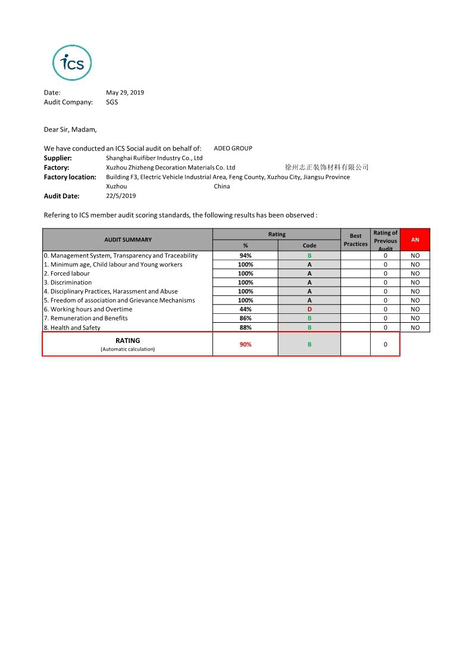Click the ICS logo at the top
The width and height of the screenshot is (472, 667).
click(72, 63)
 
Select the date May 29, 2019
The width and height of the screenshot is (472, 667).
click(125, 93)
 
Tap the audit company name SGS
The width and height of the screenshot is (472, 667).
click(112, 102)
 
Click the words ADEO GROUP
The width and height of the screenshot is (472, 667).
click(233, 149)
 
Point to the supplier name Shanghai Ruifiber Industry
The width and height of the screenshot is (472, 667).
click(154, 158)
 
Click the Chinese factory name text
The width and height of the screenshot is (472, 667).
click(327, 168)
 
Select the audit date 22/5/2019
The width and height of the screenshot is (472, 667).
click(121, 196)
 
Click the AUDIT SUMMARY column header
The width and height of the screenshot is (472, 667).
click(128, 240)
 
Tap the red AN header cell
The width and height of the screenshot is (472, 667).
click(415, 240)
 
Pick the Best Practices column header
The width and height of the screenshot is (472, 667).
click(355, 240)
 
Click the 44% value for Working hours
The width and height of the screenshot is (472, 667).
click(245, 309)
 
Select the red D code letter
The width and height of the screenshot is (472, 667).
click(310, 309)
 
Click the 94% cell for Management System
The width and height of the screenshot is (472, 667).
click(245, 256)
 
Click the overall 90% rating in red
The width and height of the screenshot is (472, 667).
click(245, 344)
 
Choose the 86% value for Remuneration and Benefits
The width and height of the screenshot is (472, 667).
click(245, 318)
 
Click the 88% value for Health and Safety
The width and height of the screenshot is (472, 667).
click(245, 328)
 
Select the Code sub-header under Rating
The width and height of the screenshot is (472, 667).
click(310, 246)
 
